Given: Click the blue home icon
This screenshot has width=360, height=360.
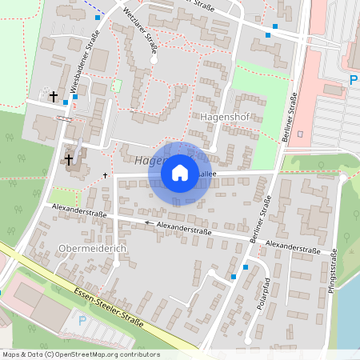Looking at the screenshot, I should pyautogui.click(x=180, y=172).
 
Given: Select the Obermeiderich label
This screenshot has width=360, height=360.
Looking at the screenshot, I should pyautogui.click(x=93, y=249).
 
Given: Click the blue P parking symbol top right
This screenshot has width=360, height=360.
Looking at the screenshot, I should pyautogui.click(x=353, y=80).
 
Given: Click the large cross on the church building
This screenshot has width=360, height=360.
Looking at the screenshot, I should pyautogui.click(x=69, y=159).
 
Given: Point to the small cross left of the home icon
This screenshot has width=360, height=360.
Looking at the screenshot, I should pyautogui.click(x=105, y=174).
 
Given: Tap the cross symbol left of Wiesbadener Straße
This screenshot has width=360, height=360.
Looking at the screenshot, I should pyautogui.click(x=54, y=97).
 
